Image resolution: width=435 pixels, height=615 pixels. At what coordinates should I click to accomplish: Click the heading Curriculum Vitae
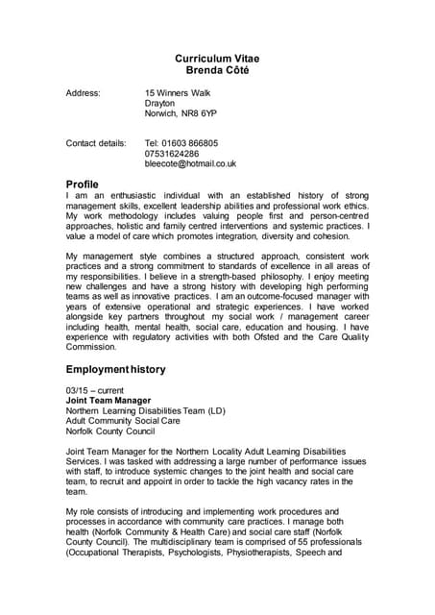(x=216, y=59)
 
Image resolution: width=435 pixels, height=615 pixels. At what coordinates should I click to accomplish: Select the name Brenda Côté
(x=216, y=70)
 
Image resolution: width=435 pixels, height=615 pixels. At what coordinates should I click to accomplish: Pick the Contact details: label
(x=95, y=143)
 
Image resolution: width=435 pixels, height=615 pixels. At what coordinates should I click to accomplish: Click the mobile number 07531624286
(x=172, y=154)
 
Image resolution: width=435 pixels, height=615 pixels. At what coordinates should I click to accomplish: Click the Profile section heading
(x=82, y=184)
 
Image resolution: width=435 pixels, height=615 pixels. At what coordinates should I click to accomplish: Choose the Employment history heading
(x=115, y=369)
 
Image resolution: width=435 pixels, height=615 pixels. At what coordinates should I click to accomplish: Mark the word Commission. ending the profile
(x=91, y=346)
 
